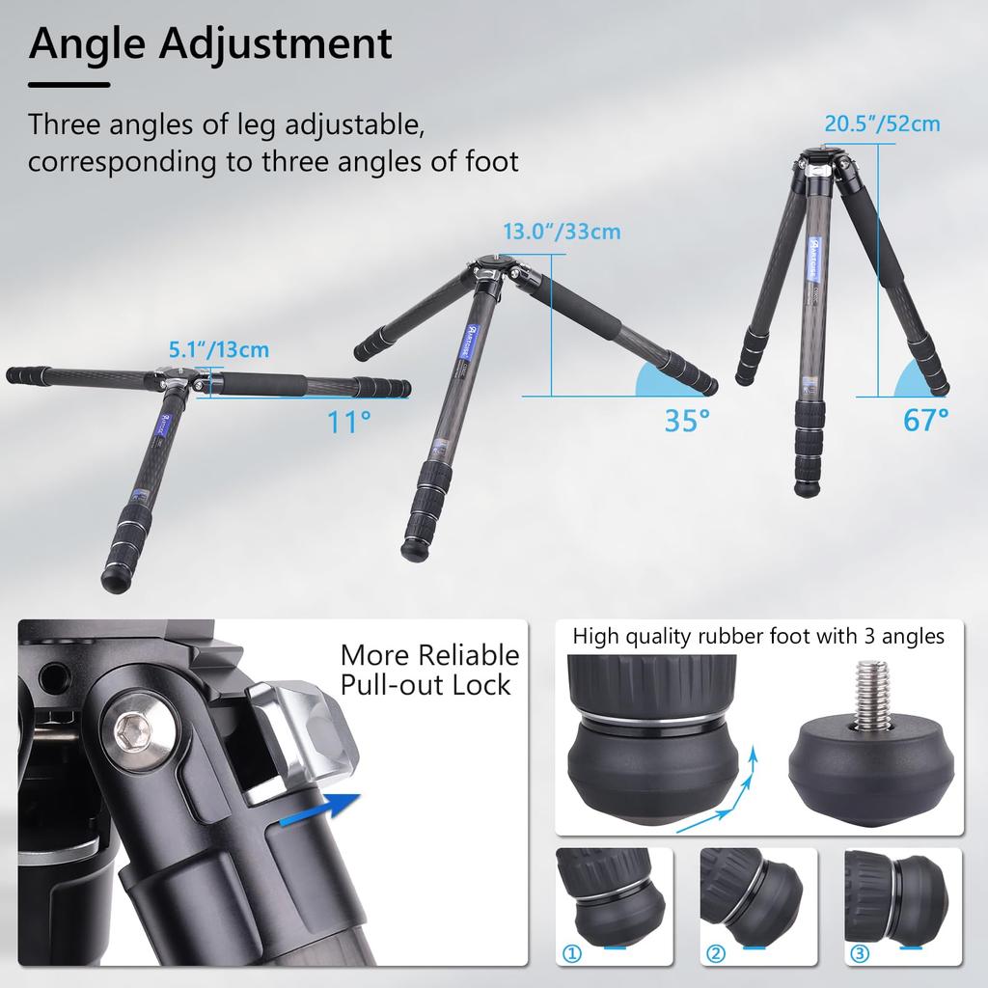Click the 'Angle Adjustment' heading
210,44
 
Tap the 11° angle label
347,421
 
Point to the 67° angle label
925,419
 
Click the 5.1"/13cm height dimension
218,349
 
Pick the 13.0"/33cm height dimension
562,232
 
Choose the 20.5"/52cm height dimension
881,123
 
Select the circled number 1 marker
572,954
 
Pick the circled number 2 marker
715,954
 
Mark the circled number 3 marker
859,954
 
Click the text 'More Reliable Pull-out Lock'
428,670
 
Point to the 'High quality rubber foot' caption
758,637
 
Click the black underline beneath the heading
69,85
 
